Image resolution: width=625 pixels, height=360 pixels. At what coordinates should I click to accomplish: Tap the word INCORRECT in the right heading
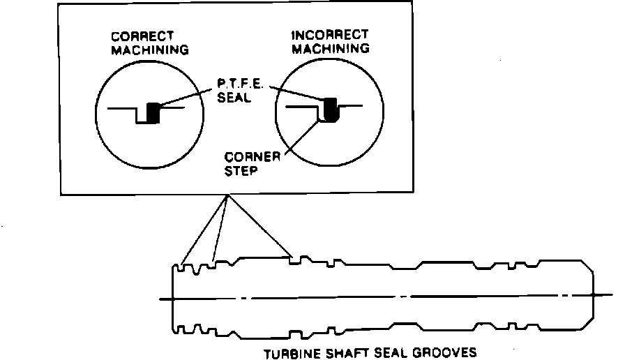click(x=330, y=35)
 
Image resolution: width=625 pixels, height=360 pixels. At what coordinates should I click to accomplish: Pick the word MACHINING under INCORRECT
click(x=331, y=49)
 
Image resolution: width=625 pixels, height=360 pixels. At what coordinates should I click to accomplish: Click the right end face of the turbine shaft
click(x=593, y=299)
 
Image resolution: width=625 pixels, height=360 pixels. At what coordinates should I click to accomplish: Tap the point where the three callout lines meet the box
click(x=227, y=195)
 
